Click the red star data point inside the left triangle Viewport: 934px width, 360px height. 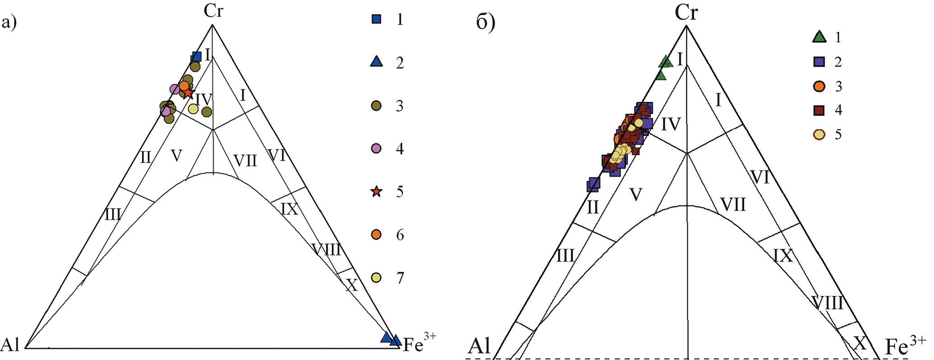click(188, 94)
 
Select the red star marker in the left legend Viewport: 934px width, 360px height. click(376, 192)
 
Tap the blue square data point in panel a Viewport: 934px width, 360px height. click(196, 57)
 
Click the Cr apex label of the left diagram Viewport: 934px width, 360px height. click(213, 11)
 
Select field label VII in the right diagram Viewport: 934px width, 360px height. click(732, 205)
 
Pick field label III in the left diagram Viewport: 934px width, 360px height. click(113, 214)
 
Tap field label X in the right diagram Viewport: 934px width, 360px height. click(859, 343)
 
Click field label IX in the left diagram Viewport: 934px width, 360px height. click(289, 209)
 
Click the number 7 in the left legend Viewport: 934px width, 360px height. click(400, 278)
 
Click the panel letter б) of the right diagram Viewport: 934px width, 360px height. click(486, 23)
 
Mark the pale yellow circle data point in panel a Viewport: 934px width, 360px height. click(193, 108)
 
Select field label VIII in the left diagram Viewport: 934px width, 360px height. click(326, 249)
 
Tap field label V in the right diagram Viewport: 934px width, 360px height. click(636, 195)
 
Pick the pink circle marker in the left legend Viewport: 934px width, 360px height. click(376, 149)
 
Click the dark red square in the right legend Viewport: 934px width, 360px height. click(819, 110)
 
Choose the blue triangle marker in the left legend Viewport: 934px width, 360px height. click(376, 62)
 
